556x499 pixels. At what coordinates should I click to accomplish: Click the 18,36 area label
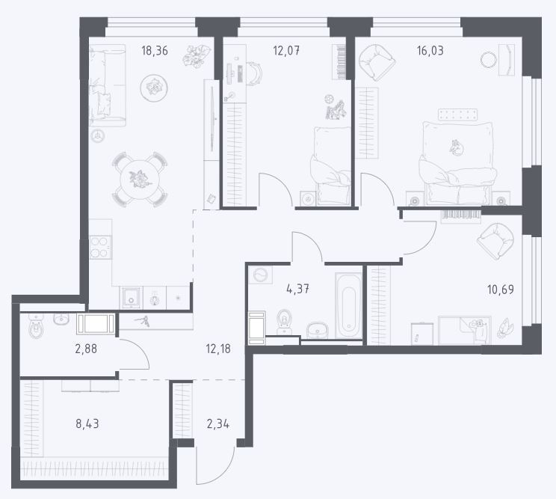[155, 51]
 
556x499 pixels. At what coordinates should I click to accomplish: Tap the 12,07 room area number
[286, 51]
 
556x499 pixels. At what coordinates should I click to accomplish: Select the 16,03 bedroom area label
[430, 51]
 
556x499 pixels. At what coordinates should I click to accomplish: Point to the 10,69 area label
[501, 290]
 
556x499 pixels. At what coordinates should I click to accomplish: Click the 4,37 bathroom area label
[297, 290]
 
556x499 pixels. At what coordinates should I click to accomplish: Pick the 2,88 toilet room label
[86, 349]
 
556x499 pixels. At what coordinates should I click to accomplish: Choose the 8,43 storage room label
[87, 423]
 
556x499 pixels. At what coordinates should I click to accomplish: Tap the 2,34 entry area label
[217, 423]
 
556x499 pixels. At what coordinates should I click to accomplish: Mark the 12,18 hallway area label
[218, 349]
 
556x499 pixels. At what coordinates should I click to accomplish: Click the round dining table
[140, 180]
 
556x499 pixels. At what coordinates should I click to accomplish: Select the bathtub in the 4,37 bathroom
[348, 305]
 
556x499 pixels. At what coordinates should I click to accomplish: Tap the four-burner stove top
[100, 247]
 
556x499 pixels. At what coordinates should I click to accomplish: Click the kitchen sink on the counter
[132, 298]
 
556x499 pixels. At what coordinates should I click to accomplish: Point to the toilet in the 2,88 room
[36, 328]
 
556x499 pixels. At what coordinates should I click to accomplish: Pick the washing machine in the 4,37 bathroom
[261, 275]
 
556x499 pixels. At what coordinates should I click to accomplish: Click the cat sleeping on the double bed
[456, 147]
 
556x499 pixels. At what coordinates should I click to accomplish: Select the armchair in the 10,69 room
[495, 242]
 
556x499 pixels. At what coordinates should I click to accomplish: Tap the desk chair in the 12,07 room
[255, 74]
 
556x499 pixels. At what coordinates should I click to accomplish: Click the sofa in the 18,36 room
[108, 85]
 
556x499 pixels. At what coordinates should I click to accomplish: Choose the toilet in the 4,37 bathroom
[284, 320]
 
